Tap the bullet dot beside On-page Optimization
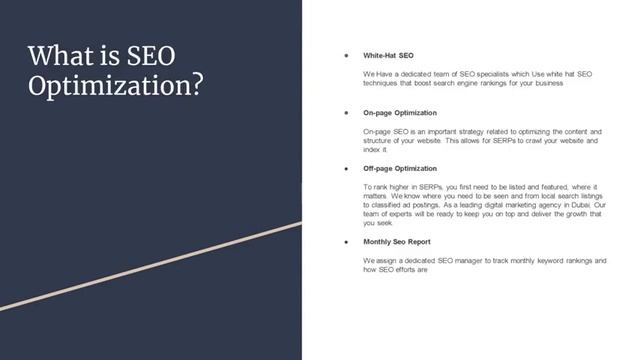(x=345, y=113)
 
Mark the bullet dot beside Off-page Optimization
(x=345, y=169)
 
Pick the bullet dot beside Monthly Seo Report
(x=345, y=242)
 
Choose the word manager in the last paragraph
(x=483, y=260)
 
